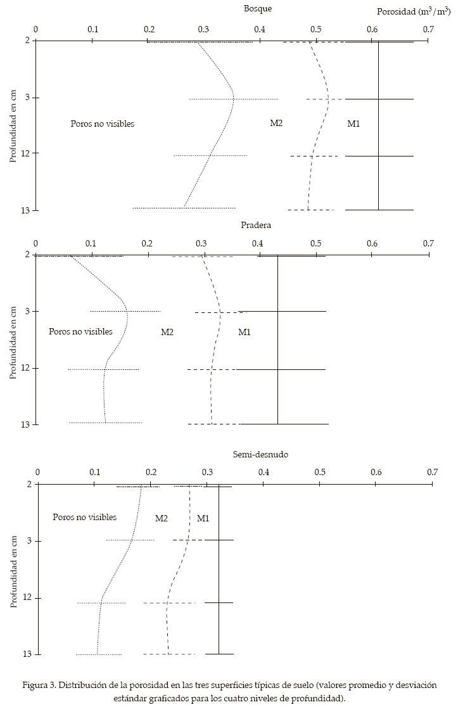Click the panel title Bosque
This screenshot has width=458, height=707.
pos(258,8)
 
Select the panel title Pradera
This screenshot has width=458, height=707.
pos(256,225)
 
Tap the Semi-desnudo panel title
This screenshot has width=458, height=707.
pos(260,454)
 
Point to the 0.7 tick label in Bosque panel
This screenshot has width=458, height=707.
pos(429,29)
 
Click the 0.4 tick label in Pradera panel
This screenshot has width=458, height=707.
pos(258,243)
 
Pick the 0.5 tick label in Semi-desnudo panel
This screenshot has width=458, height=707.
pos(321,472)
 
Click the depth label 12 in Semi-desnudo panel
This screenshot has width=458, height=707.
pos(25,598)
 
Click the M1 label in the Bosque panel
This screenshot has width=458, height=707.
pos(353,124)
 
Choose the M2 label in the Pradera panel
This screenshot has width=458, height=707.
pos(167,331)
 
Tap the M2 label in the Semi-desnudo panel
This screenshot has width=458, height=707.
pos(162,518)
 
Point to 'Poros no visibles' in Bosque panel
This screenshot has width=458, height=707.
pos(102,124)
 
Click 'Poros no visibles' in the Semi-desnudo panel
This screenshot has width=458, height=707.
pos(84,517)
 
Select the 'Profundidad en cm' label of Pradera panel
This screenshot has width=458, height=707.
pos(13,340)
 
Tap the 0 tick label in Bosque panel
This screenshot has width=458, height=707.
pos(35,29)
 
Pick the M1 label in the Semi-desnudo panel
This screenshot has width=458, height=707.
pos(203,518)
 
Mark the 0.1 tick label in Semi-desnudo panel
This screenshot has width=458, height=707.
pos(94,472)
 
